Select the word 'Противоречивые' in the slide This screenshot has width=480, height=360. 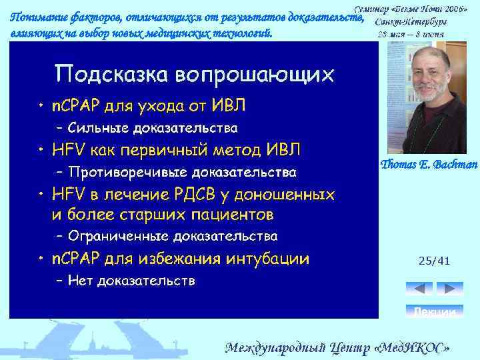[x=119, y=172]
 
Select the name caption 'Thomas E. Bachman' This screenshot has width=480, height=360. [x=429, y=165]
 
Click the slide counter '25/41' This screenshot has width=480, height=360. [x=434, y=261]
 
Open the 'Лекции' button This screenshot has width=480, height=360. [x=434, y=311]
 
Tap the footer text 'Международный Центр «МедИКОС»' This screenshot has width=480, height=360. [x=339, y=348]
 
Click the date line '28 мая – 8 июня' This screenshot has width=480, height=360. [x=411, y=33]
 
